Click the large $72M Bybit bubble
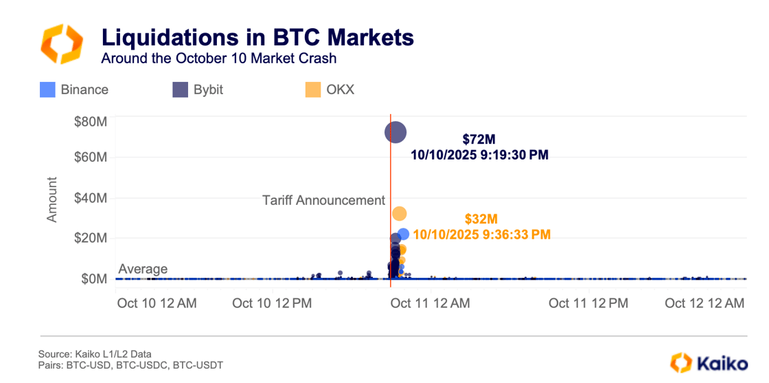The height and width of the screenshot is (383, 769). point(395,132)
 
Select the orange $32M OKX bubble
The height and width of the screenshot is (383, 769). point(399,214)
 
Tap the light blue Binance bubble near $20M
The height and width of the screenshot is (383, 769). point(403,234)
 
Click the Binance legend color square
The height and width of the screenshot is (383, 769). point(47,89)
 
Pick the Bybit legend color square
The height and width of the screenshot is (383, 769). point(180,89)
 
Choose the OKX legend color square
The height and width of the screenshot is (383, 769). point(312,89)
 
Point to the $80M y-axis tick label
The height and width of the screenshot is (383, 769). point(91,122)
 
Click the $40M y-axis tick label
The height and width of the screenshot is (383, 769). point(91,198)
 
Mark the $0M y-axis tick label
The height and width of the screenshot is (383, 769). point(94,278)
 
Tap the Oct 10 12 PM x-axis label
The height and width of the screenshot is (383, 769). point(273,303)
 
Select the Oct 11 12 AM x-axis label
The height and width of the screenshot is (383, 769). point(431,303)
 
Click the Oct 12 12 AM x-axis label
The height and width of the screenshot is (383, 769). point(705,303)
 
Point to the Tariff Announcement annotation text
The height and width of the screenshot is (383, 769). point(323,200)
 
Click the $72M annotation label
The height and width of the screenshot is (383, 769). point(479,140)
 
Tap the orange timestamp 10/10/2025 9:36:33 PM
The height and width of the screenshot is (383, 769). point(481,235)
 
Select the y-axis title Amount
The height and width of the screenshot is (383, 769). point(52,199)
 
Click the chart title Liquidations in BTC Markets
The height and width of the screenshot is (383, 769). point(257,36)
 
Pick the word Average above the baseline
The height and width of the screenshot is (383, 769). point(143,269)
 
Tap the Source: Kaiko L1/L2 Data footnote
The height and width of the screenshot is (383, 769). point(95,354)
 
